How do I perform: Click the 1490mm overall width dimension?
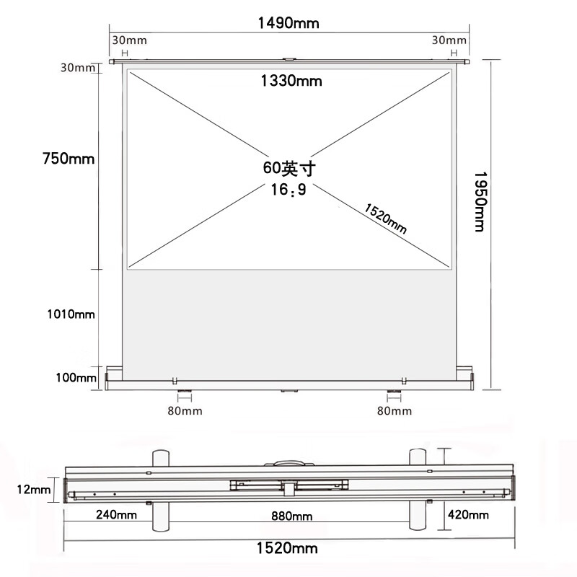288,23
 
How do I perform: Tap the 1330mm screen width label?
291,81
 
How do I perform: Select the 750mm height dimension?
69,158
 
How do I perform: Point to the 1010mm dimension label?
71,314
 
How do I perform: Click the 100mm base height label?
76,377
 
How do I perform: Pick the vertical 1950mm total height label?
480,202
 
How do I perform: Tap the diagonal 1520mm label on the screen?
385,219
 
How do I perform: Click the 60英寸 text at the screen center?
289,168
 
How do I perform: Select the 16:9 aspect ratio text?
288,190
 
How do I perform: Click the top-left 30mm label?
129,40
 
